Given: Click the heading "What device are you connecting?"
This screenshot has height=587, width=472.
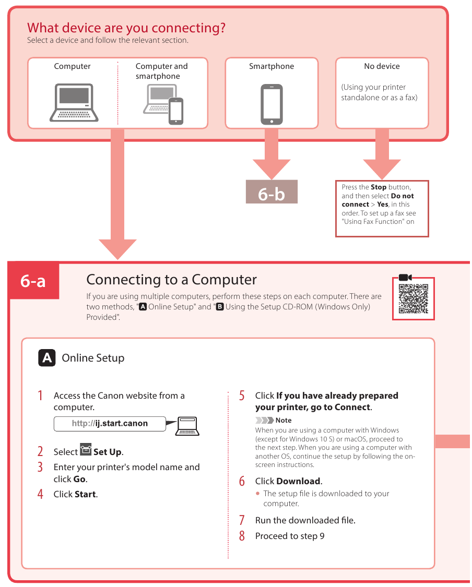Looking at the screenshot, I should (x=126, y=28).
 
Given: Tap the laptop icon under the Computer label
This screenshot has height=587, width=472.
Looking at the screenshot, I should (x=74, y=102).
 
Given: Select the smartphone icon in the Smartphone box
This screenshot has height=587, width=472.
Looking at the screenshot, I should (x=272, y=104).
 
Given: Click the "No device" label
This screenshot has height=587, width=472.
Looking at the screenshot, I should (x=382, y=66).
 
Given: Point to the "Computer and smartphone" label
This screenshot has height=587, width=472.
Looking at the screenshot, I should (x=161, y=71).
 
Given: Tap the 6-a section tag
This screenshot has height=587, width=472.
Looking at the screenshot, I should (x=33, y=281).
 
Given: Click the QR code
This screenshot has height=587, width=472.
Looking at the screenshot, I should (x=413, y=298).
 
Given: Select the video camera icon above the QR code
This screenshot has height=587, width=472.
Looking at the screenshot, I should (x=405, y=277).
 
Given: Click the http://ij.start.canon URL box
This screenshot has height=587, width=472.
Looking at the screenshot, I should (x=110, y=424).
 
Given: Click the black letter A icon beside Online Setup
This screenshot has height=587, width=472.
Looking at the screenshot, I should (x=47, y=358).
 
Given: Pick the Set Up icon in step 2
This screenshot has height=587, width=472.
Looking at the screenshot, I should (x=86, y=450).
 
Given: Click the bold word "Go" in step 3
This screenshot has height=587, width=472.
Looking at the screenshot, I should (x=79, y=479).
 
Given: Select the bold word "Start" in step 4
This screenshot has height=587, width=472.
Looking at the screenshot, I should (x=86, y=494).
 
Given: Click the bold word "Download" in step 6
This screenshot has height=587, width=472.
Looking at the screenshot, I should (x=298, y=481).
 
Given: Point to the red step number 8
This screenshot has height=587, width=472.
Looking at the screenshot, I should (x=242, y=536).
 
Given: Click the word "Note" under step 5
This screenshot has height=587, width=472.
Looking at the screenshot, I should (x=284, y=420).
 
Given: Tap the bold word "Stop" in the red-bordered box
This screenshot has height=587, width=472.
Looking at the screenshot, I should (x=379, y=187).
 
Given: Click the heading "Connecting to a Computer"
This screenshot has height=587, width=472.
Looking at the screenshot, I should (x=171, y=280).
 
